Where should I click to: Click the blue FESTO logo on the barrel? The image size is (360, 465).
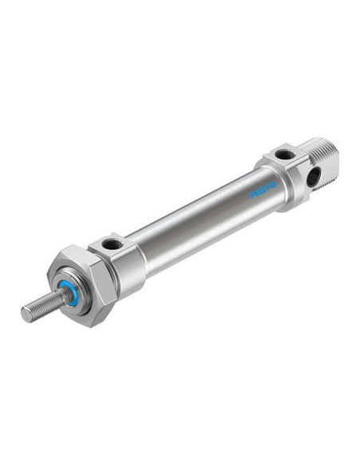[x=263, y=190]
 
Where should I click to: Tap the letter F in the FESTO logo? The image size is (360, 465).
[x=252, y=195]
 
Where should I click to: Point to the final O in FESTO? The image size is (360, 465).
[x=273, y=185]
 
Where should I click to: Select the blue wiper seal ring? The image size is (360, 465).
[x=67, y=293]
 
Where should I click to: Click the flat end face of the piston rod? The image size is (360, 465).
[x=26, y=314]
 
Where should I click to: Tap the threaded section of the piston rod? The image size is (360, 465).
[x=45, y=307]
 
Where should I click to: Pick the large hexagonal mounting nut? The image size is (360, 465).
[x=82, y=285]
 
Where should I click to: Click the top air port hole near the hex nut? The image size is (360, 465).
[x=112, y=244]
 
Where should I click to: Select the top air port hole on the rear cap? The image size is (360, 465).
[x=285, y=154]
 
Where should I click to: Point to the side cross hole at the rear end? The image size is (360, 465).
[x=314, y=177]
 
